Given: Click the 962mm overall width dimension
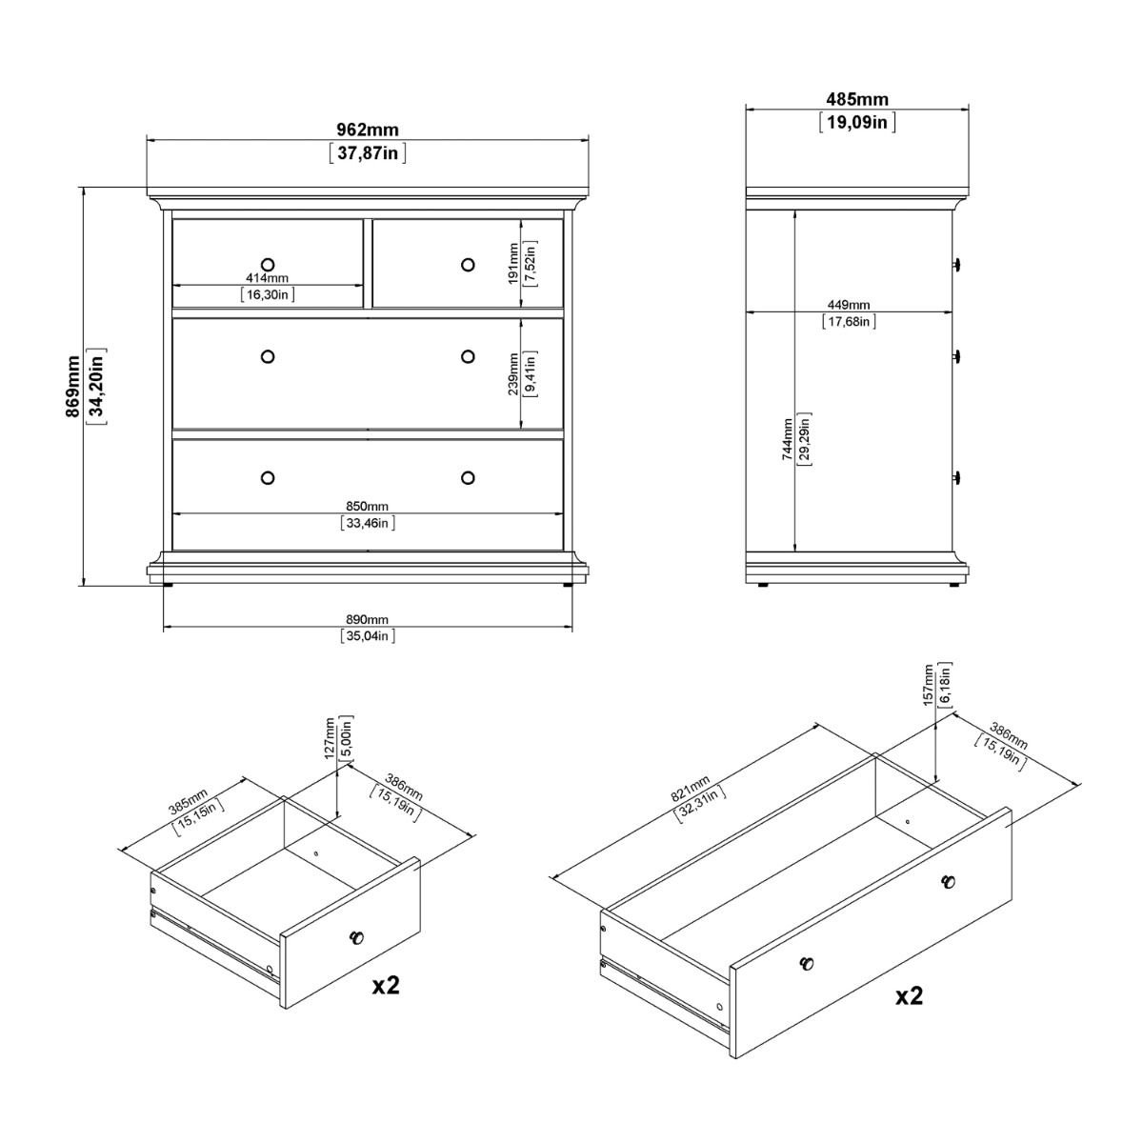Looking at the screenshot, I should pos(367,130).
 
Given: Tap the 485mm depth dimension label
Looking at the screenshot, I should pos(856,99).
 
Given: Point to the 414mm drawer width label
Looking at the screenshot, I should pos(267,278).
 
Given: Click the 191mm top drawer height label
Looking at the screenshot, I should pos(513,264).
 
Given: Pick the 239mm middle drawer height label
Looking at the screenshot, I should pos(513,373).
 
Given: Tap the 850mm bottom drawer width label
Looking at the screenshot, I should pos(367,507).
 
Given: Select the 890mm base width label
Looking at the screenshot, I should pos(367,620).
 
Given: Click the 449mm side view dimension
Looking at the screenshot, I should pos(848,305).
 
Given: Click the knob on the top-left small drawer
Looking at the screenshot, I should pos(267,263).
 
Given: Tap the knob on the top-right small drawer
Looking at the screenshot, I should pos(467,264).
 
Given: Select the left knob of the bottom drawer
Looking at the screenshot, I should pos(267,476).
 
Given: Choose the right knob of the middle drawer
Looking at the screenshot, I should pos(467,356).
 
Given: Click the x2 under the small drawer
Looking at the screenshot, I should pos(386,985).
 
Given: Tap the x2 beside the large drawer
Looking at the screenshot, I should pos(909,996).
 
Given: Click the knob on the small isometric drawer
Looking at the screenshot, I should pos(356,937).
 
